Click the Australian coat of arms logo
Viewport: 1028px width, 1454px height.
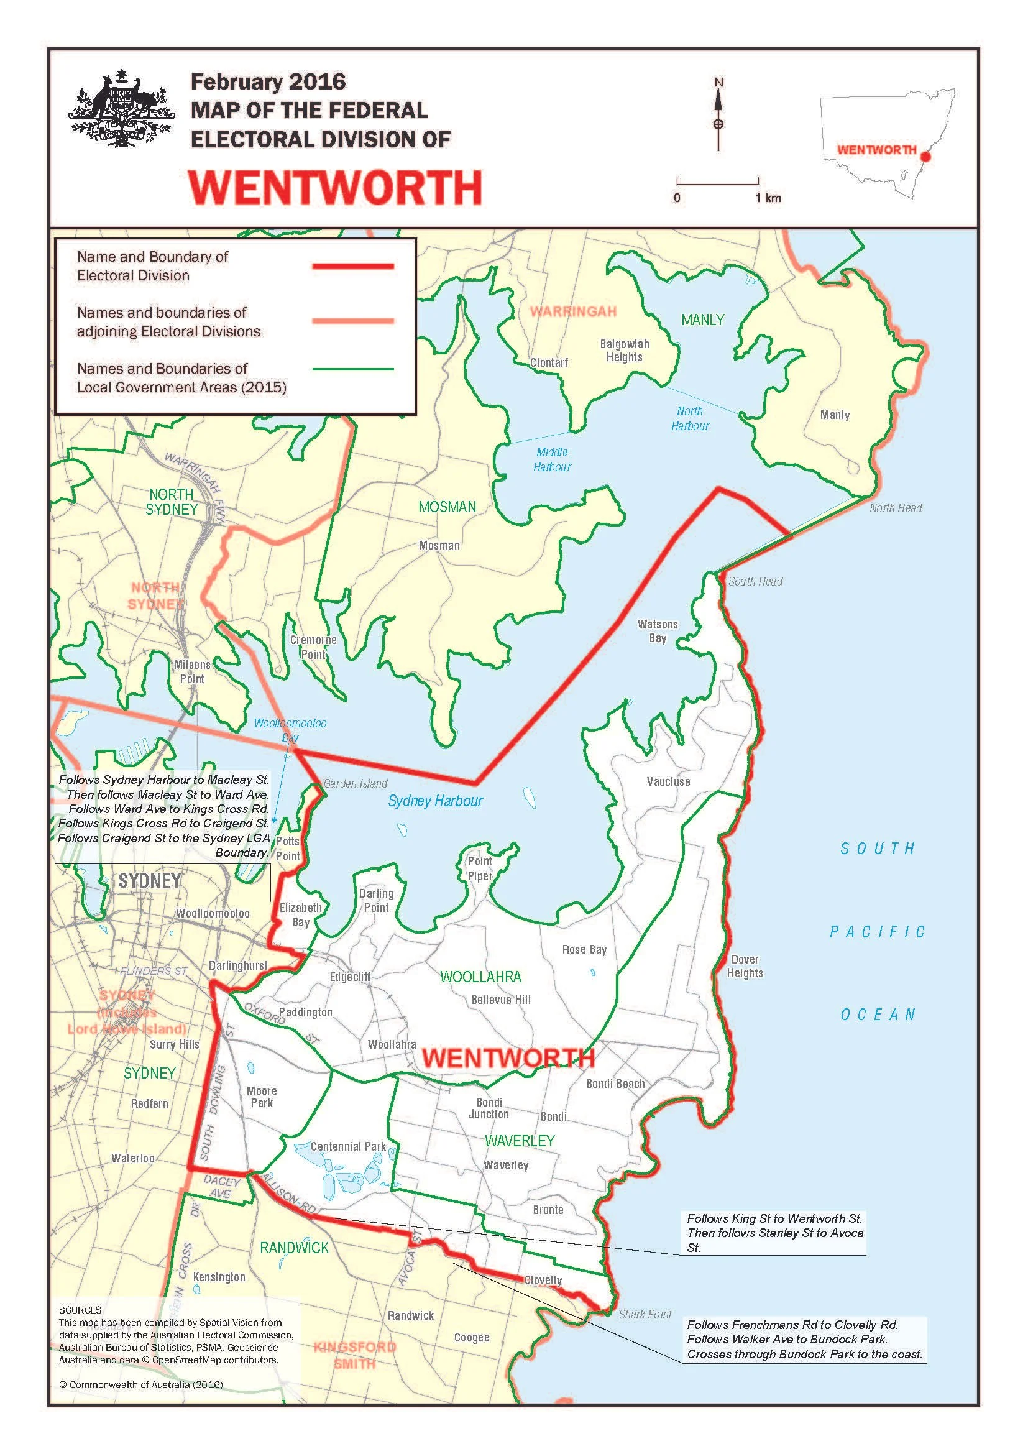[x=121, y=110]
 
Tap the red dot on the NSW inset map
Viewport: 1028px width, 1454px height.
[x=925, y=156]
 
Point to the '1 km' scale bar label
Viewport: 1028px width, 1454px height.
[x=768, y=198]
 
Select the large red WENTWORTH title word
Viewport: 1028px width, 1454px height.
[x=336, y=188]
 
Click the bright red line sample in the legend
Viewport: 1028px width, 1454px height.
[x=353, y=267]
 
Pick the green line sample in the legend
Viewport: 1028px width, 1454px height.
[x=353, y=369]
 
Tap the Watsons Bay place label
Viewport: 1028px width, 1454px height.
[x=658, y=631]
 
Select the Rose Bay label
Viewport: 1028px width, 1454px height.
[x=584, y=950]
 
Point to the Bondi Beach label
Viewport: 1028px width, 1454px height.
[x=615, y=1084]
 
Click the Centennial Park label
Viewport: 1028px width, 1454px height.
[x=348, y=1146]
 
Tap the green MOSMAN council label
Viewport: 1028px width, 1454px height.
[x=447, y=507]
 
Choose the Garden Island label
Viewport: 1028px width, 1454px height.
[x=355, y=783]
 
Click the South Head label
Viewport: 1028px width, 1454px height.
[x=755, y=581]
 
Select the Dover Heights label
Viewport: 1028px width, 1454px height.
[x=745, y=967]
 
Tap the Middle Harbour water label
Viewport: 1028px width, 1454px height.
[x=552, y=460]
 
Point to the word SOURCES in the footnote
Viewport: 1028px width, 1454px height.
[x=80, y=1310]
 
